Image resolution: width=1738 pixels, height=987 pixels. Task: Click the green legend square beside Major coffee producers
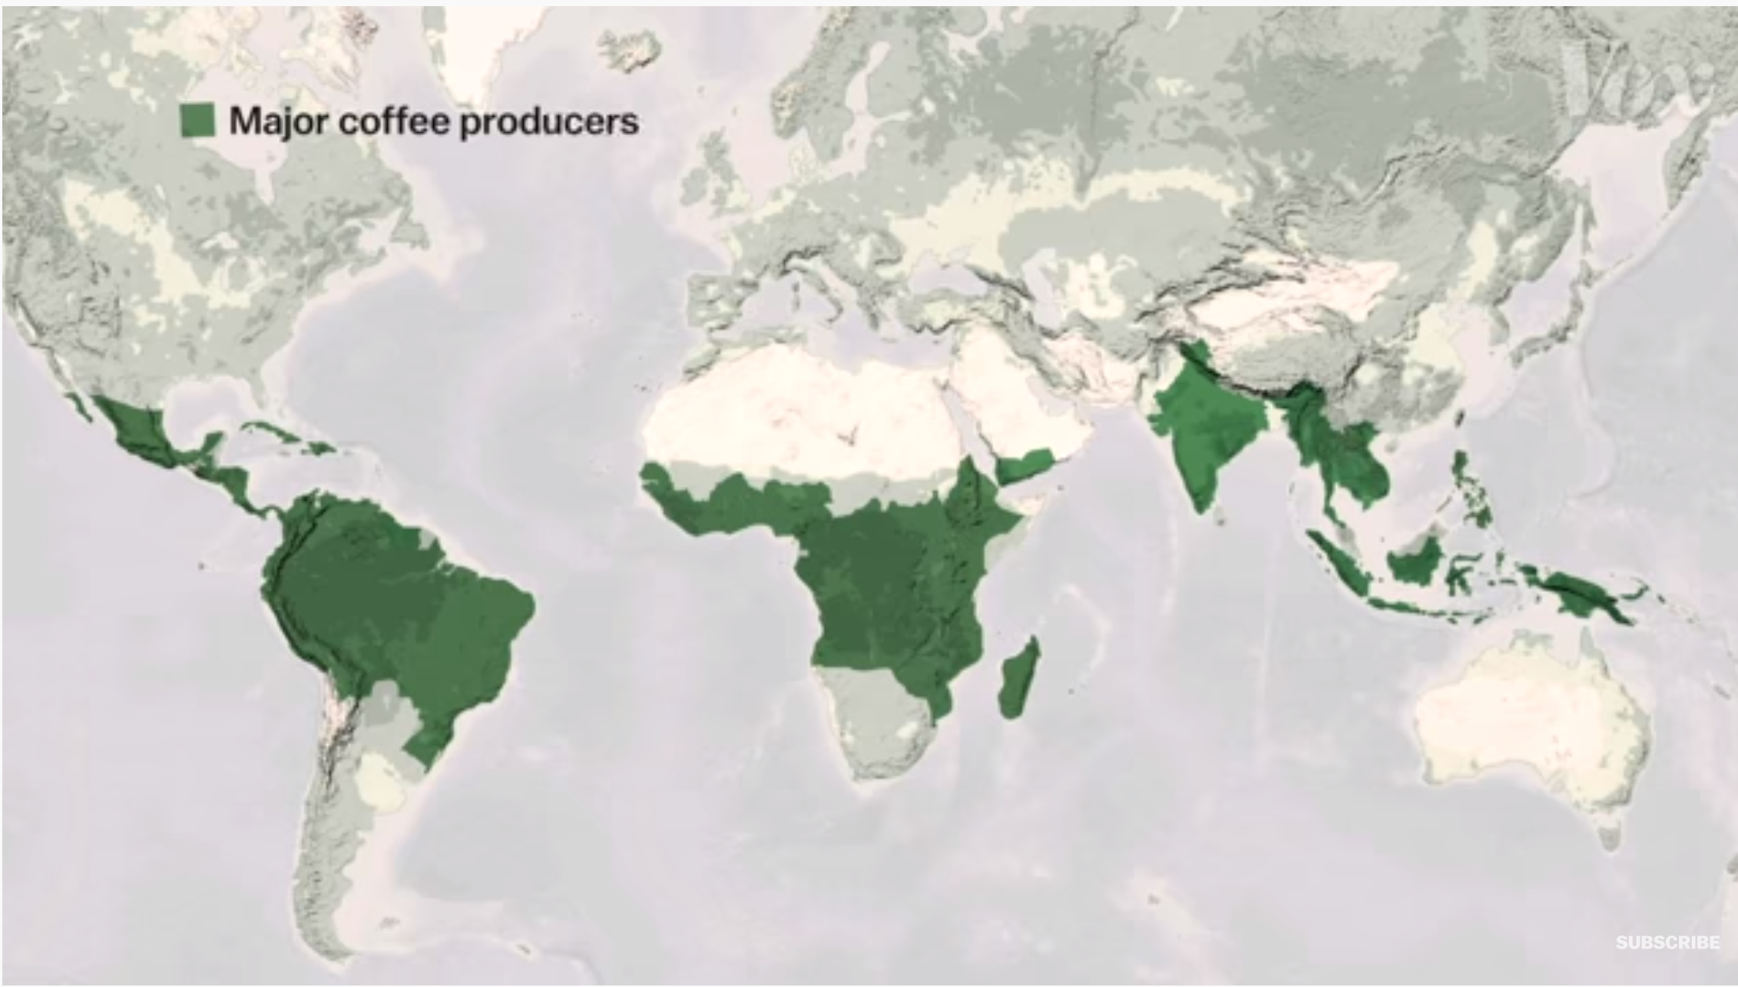(197, 121)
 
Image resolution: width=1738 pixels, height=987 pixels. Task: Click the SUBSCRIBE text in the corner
(1667, 942)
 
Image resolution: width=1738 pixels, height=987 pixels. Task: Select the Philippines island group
(1471, 492)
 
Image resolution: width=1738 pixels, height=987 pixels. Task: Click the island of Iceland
(631, 51)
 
